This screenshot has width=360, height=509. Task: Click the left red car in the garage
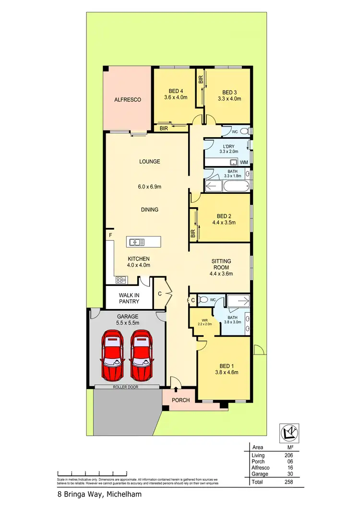click(x=113, y=354)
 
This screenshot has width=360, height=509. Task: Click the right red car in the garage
click(x=143, y=354)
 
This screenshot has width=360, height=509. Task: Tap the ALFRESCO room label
click(x=127, y=100)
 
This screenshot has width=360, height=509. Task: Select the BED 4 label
click(x=176, y=91)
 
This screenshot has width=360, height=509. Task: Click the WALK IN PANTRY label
click(x=130, y=298)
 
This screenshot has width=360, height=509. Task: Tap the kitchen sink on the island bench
click(x=136, y=242)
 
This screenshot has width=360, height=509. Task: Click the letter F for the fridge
click(x=110, y=235)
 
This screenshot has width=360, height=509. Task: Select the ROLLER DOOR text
click(x=126, y=387)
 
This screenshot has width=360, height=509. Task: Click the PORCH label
click(x=181, y=400)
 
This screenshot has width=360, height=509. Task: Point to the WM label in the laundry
click(x=244, y=163)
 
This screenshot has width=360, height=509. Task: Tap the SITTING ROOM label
click(x=221, y=264)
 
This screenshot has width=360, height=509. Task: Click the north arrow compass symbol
click(x=289, y=432)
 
